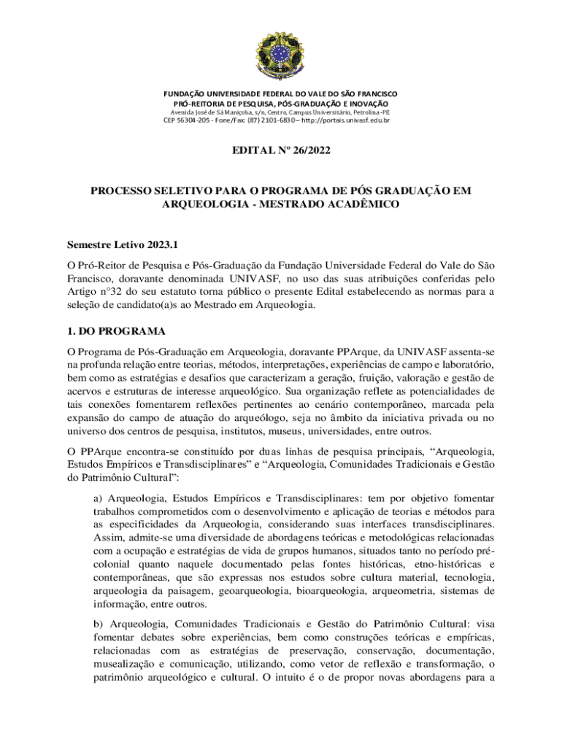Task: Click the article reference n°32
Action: (112, 292)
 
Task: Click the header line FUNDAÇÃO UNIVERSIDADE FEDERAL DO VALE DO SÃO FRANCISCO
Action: (280, 95)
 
